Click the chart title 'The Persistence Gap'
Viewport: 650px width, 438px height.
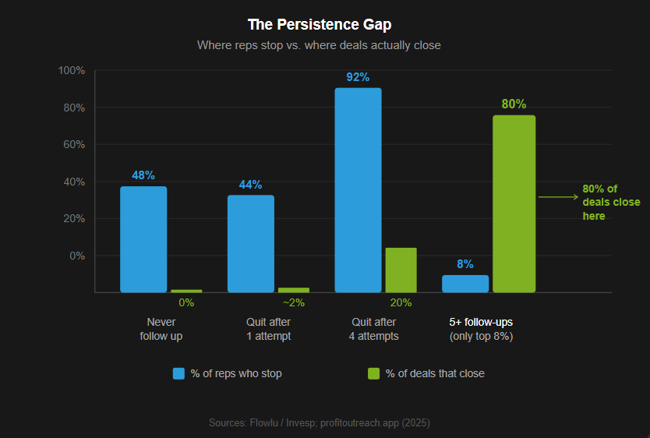click(x=325, y=24)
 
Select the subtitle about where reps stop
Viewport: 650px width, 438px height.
click(x=319, y=45)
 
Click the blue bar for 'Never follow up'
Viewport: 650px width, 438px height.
click(x=143, y=239)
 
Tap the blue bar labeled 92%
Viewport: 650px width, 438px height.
click(x=358, y=190)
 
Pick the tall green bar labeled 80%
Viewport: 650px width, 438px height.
click(x=514, y=204)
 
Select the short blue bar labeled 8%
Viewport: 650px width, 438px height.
click(x=465, y=284)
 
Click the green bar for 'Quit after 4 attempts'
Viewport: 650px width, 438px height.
click(x=401, y=270)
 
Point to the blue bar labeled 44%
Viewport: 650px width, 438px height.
click(x=251, y=243)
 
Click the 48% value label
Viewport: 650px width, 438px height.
click(x=143, y=175)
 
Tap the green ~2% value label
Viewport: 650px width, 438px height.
click(x=294, y=302)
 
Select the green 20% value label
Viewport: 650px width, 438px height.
click(x=401, y=302)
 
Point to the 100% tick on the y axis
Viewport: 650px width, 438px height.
click(x=72, y=71)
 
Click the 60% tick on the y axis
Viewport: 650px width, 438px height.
click(x=74, y=145)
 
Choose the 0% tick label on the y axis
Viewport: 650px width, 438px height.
click(x=76, y=256)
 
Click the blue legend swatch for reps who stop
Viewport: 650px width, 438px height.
click(x=178, y=373)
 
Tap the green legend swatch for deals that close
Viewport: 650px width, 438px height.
click(x=374, y=373)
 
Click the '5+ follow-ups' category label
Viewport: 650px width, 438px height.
click(x=481, y=322)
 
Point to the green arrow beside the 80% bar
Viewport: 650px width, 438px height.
click(x=558, y=197)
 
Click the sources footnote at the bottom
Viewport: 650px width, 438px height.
click(x=319, y=422)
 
